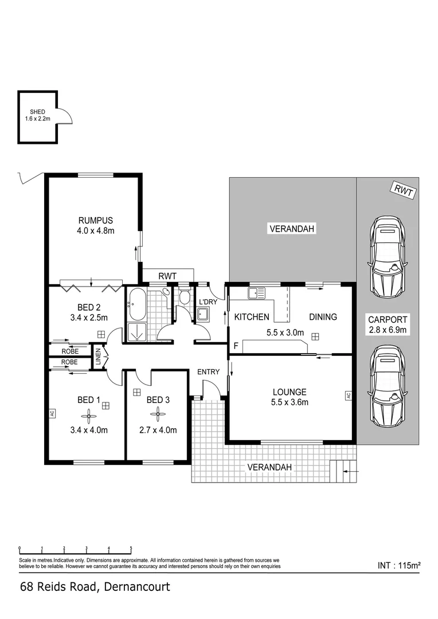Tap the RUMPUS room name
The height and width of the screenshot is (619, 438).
coord(96,220)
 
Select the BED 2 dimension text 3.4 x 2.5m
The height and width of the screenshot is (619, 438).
coord(88,317)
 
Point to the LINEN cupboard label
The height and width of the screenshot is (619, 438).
coord(98,356)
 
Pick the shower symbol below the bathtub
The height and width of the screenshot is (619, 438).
coord(137,331)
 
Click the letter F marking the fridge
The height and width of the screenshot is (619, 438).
coord(236,346)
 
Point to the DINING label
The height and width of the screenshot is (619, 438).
coord(323,317)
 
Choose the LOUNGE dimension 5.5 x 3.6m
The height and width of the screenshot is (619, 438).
coord(290,402)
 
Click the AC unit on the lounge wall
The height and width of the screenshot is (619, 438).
coord(347,395)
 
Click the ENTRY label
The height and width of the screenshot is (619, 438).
coord(208,372)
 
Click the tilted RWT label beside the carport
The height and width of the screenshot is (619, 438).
coord(404,190)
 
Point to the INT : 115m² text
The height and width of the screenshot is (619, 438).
coord(399,565)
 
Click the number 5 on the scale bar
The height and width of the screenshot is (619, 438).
coord(131,548)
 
